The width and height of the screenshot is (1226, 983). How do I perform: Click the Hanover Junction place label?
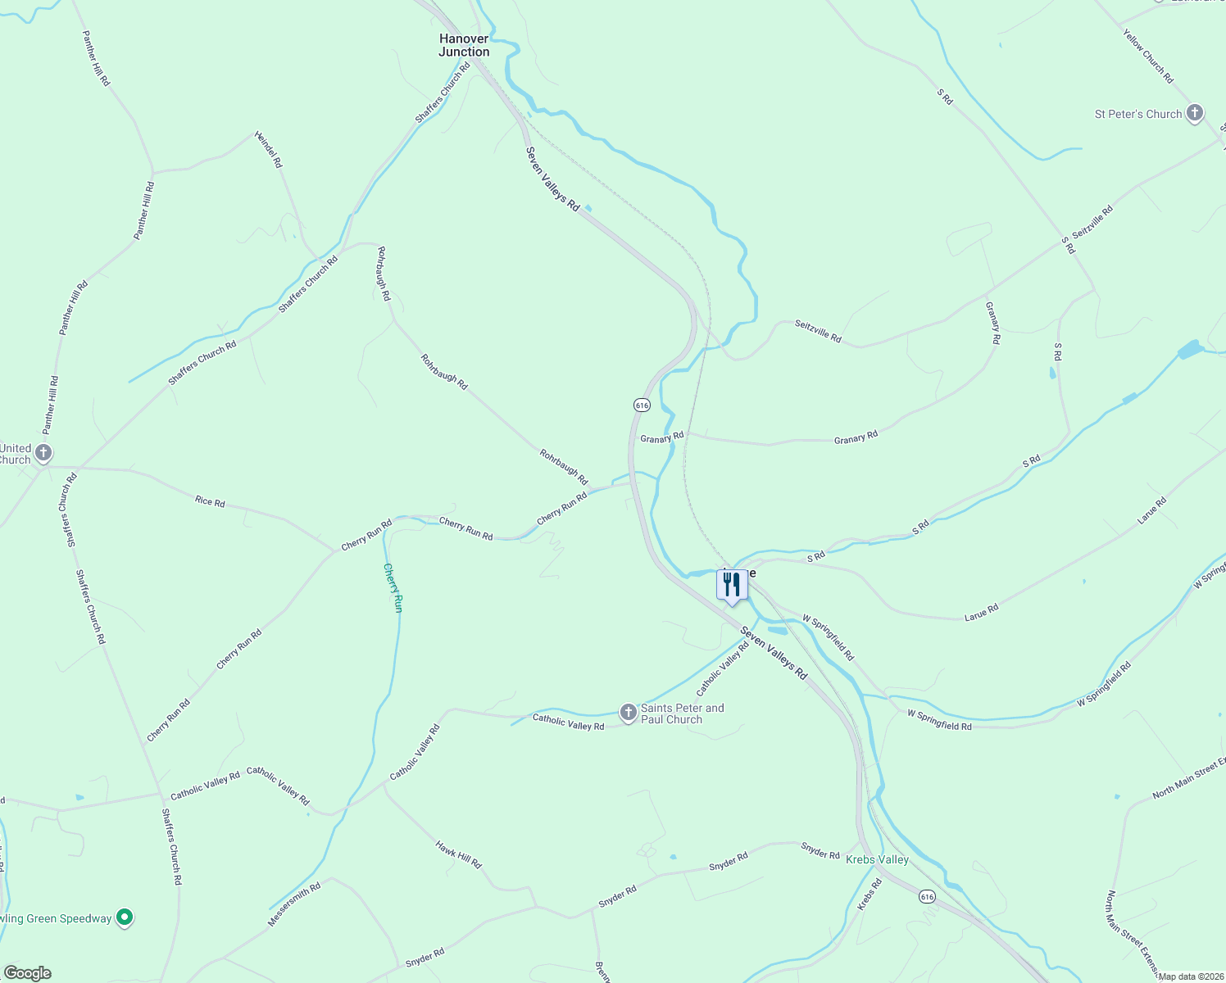tap(464, 45)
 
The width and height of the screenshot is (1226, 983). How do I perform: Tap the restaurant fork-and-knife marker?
tap(732, 585)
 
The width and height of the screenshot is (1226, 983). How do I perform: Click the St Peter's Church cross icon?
tap(1195, 113)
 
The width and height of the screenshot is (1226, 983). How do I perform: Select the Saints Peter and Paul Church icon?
tap(628, 713)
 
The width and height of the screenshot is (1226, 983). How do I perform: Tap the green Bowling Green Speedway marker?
tap(125, 917)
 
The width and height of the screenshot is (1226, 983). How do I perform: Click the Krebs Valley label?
tap(877, 859)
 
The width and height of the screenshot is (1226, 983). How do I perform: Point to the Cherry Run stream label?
tap(393, 587)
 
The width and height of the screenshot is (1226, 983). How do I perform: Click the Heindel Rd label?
tap(268, 149)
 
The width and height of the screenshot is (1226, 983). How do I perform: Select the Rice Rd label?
tap(210, 501)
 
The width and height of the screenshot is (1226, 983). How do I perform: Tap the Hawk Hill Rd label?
tap(458, 854)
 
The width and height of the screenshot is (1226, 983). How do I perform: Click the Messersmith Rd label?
tap(294, 904)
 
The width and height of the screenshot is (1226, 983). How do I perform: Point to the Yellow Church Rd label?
tap(1148, 57)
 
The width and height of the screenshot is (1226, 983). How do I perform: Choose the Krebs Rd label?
tap(869, 895)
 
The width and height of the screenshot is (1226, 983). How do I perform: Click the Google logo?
tap(28, 973)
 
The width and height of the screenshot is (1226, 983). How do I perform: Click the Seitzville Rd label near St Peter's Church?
tap(1092, 223)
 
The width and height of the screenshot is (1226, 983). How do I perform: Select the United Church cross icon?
tap(43, 452)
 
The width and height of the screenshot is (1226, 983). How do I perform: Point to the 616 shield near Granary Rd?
tap(642, 405)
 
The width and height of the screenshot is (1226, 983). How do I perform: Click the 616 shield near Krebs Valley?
tap(927, 896)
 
